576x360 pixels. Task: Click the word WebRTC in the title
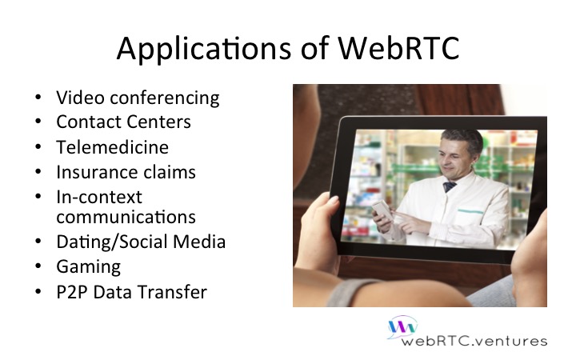tap(398, 48)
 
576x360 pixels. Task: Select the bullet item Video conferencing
tap(138, 98)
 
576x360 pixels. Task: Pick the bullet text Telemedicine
tap(113, 147)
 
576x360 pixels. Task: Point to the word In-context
tap(99, 197)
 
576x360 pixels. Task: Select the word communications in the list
tap(126, 217)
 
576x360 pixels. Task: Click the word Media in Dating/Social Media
tap(199, 242)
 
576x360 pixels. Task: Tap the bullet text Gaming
tap(89, 267)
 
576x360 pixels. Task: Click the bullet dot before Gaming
tap(38, 266)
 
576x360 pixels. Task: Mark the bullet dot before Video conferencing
tap(38, 98)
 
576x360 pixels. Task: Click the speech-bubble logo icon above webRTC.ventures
tap(402, 326)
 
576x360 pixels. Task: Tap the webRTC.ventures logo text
tap(474, 342)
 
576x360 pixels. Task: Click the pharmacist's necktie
tap(450, 186)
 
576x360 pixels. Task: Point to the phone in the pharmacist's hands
tap(382, 210)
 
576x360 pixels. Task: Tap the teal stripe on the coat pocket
tap(470, 211)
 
